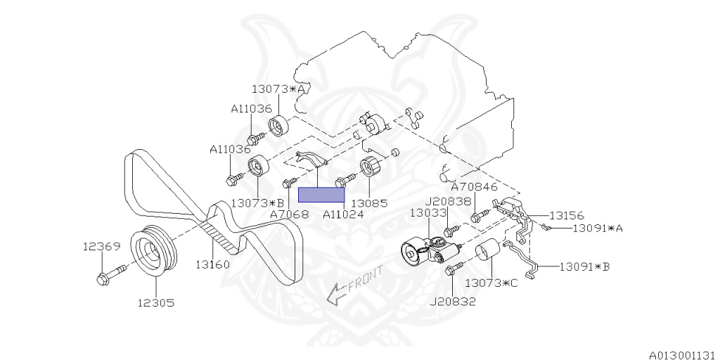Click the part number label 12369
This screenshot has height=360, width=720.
(101, 247)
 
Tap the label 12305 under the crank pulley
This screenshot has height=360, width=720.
(155, 303)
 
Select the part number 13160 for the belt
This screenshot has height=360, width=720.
(213, 265)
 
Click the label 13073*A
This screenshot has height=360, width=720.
(279, 89)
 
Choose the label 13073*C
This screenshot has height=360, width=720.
(491, 283)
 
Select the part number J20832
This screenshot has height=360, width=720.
(453, 302)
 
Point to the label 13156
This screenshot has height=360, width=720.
(567, 216)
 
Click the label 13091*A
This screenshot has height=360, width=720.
(598, 229)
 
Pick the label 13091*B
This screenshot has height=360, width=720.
(585, 267)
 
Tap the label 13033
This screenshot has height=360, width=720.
(428, 212)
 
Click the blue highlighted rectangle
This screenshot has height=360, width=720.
(321, 195)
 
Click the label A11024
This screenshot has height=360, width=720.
(343, 214)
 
